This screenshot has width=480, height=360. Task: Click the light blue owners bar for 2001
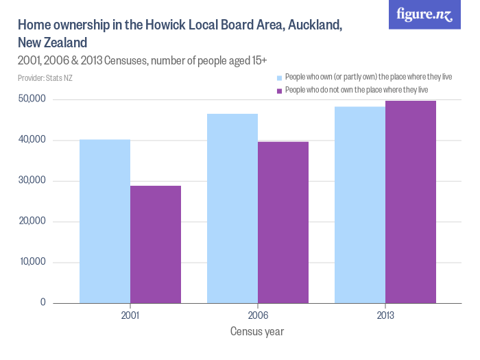coord(105,221)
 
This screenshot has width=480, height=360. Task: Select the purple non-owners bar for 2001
coord(156,244)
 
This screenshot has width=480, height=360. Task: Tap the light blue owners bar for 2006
coord(232,208)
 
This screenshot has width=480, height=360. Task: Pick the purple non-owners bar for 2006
coord(283,222)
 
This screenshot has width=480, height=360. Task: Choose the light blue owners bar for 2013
coord(360,204)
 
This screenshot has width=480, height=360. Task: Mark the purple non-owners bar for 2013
coord(411,202)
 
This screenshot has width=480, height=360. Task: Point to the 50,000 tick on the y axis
coord(31,99)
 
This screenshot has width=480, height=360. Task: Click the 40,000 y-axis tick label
coord(31,140)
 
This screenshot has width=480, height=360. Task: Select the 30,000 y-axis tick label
coord(31,180)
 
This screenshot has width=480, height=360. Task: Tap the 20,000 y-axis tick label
coord(31,221)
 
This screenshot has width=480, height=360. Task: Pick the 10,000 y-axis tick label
coord(31,262)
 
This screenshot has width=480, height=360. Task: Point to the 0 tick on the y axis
coord(42,302)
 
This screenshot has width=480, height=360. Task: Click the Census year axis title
coord(257,332)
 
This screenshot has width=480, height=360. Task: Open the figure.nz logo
coord(425,14)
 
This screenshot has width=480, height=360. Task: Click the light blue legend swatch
coord(279,77)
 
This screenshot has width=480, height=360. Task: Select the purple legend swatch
coord(279,91)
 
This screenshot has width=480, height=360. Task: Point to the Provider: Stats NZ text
coord(45,78)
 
